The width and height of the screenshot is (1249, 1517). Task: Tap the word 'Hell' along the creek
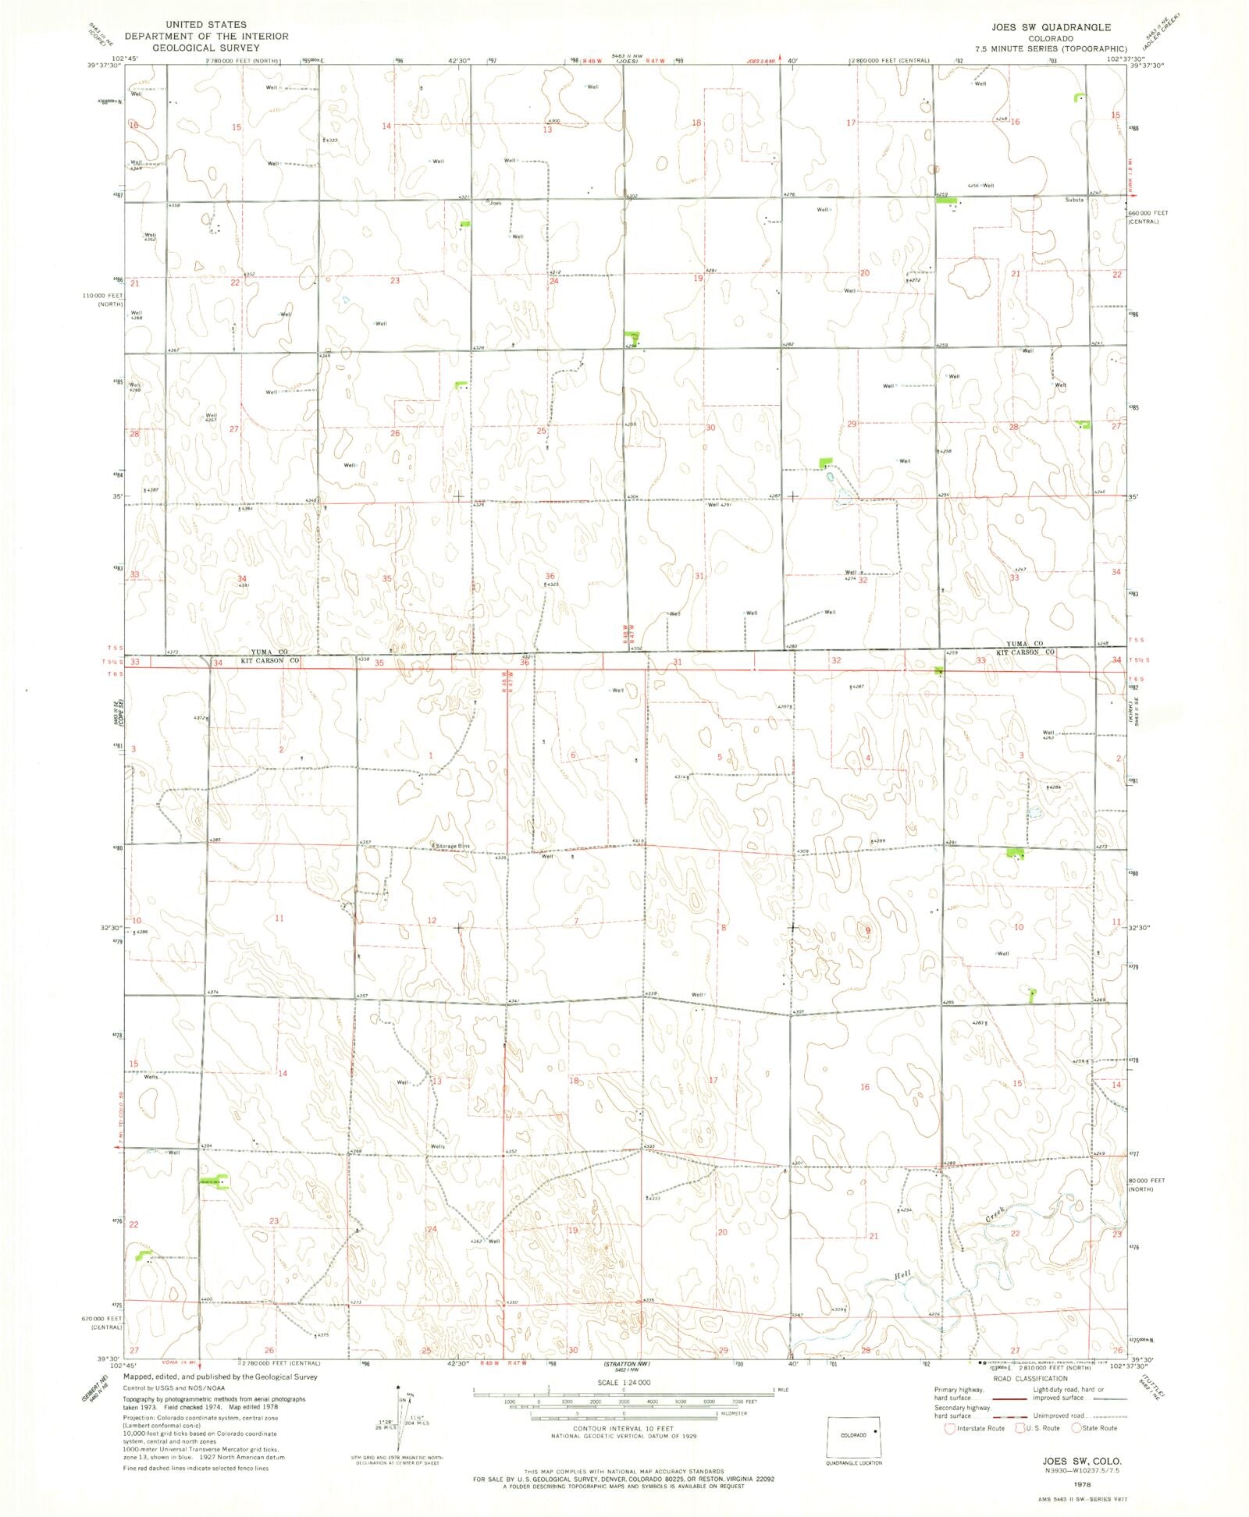pos(902,1275)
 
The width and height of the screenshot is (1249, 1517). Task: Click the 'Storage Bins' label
pos(453,846)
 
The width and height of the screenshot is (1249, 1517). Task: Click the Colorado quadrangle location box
pos(854,1436)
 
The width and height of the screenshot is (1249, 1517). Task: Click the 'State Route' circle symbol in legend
pos(1076,1428)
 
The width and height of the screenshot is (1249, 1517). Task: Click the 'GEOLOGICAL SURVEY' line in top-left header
pos(205,48)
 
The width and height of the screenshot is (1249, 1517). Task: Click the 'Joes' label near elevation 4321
pos(495,203)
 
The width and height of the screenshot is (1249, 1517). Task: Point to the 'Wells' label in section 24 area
pos(437,1146)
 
